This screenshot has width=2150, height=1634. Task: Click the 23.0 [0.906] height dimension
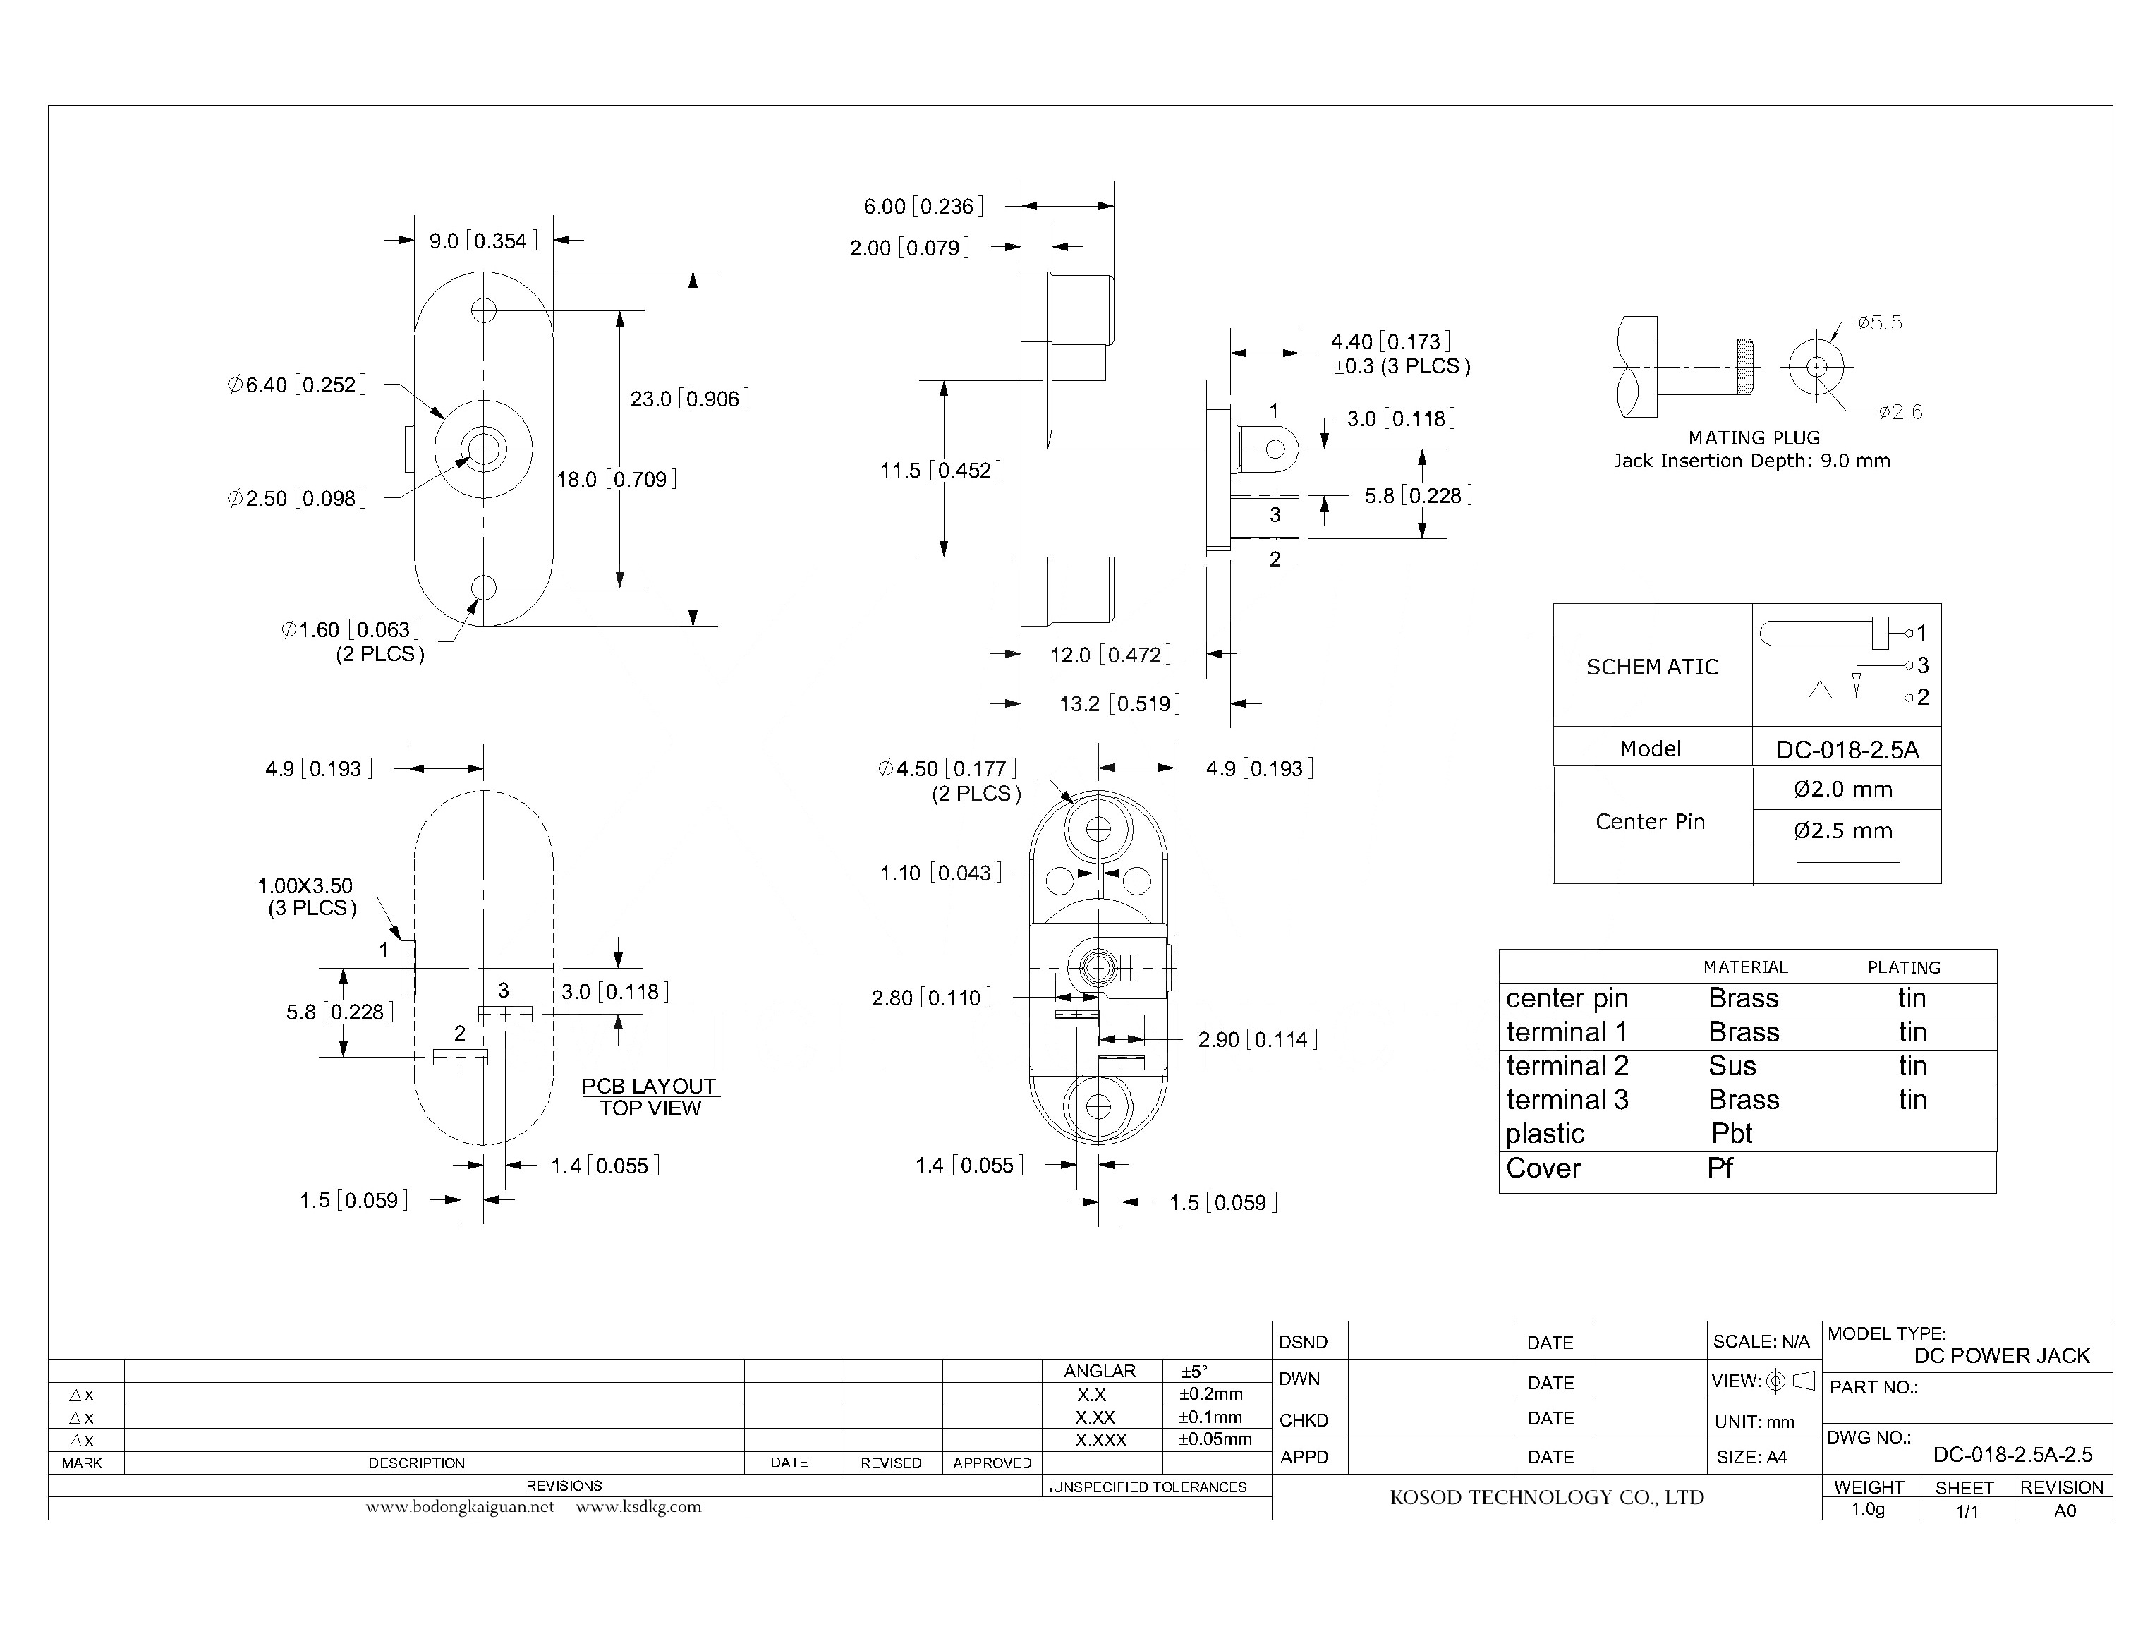tap(689, 399)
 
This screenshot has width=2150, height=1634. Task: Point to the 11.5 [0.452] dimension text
tap(940, 471)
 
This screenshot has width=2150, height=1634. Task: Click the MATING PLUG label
tap(1754, 437)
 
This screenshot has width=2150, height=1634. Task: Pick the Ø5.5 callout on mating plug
tap(1878, 323)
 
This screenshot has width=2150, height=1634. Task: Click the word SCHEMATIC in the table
tap(1652, 667)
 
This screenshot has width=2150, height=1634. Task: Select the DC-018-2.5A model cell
tap(1847, 750)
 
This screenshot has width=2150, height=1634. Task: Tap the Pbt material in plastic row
tap(1731, 1133)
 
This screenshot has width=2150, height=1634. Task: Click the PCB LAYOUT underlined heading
tap(649, 1087)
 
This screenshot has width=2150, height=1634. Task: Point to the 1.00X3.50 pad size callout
tap(304, 886)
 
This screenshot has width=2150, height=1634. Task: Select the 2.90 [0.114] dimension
tap(1257, 1040)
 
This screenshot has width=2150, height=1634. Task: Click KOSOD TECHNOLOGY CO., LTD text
tap(1546, 1498)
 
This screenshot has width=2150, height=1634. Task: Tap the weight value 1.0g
tap(1867, 1510)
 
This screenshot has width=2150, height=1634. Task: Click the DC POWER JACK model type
tap(2001, 1356)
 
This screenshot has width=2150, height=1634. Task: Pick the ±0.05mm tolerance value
tap(1215, 1439)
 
